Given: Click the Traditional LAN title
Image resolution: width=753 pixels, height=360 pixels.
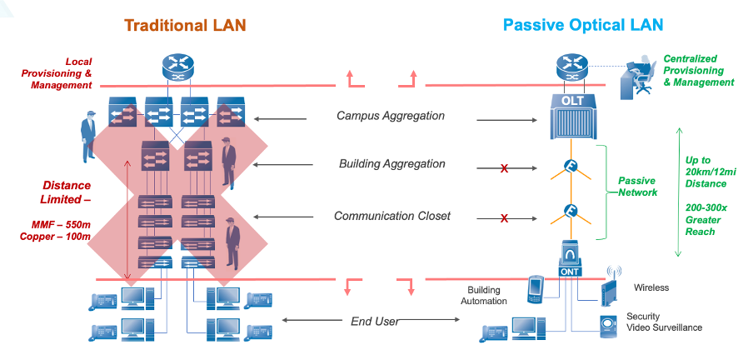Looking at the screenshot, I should tap(185, 24).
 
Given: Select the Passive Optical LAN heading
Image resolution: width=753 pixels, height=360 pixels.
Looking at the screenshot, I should tap(582, 24).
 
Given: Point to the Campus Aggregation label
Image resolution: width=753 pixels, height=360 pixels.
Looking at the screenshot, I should tap(390, 116).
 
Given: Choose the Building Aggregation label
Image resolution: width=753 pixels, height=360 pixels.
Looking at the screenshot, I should tap(391, 164).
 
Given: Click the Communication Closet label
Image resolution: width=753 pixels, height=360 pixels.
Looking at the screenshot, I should tap(391, 216).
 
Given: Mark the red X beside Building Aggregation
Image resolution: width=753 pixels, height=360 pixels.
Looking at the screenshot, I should tap(504, 169).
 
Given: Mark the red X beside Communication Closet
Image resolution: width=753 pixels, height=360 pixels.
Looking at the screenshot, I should tap(504, 219).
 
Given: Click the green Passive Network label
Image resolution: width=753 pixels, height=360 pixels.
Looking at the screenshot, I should tap(637, 187).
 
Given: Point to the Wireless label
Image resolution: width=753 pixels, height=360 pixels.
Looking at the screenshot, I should tap(651, 288).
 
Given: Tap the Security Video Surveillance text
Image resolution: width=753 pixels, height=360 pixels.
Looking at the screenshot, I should tap(664, 322).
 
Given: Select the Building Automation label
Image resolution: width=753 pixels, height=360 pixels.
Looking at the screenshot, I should tap(483, 295).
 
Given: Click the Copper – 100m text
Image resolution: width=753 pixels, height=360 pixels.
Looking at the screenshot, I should tap(55, 237).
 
